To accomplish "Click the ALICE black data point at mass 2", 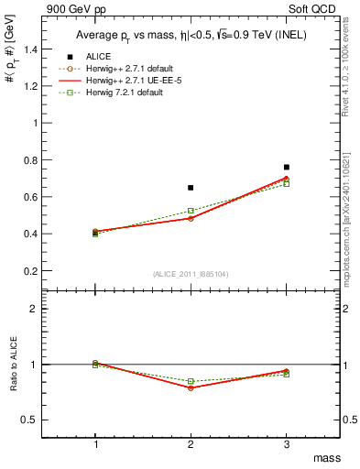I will tap(191, 188).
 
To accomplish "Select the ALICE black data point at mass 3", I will tap(286, 168).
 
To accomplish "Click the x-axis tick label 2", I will tap(191, 444).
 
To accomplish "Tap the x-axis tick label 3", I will tap(286, 444).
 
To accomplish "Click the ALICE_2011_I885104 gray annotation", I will tap(191, 274).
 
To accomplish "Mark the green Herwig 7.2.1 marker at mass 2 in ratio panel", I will tap(191, 381).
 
